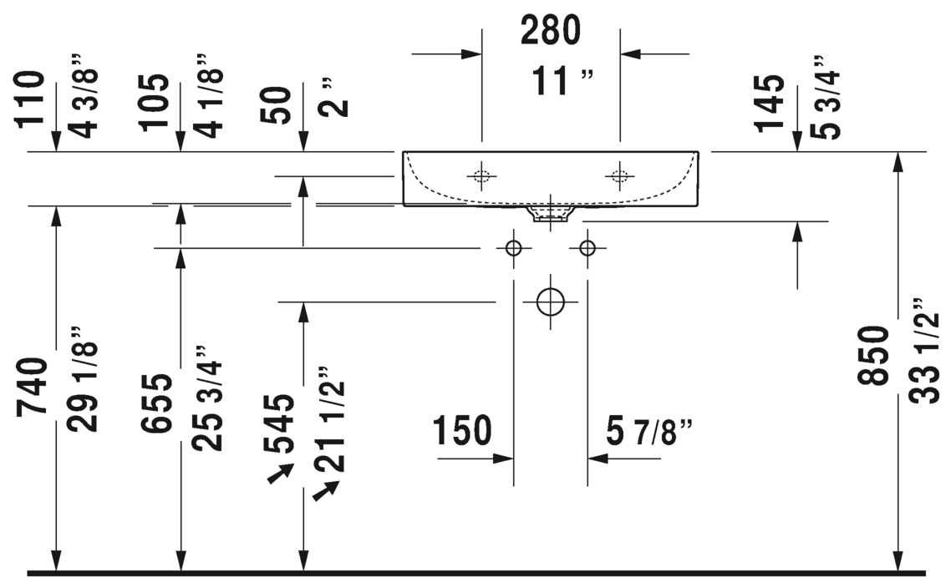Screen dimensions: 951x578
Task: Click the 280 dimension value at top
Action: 551,30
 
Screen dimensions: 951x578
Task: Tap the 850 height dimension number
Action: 873,355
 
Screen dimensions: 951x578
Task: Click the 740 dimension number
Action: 32,387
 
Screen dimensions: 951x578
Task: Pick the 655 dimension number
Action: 156,403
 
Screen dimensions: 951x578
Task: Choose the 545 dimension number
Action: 279,423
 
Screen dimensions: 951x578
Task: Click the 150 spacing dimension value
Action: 462,431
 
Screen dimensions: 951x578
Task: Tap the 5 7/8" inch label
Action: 649,432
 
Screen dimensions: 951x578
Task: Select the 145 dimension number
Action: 769,103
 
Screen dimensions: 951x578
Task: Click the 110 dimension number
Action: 30,99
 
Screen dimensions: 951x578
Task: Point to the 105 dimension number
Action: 154,102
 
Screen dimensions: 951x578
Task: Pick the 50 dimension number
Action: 277,105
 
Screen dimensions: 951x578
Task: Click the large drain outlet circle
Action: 551,302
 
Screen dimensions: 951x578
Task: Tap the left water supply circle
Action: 514,248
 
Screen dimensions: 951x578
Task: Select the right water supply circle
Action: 587,248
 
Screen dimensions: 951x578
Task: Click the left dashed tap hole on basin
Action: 481,176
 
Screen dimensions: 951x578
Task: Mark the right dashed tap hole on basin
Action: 620,176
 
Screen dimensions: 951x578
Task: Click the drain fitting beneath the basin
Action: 551,214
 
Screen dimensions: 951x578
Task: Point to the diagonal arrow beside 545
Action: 281,474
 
